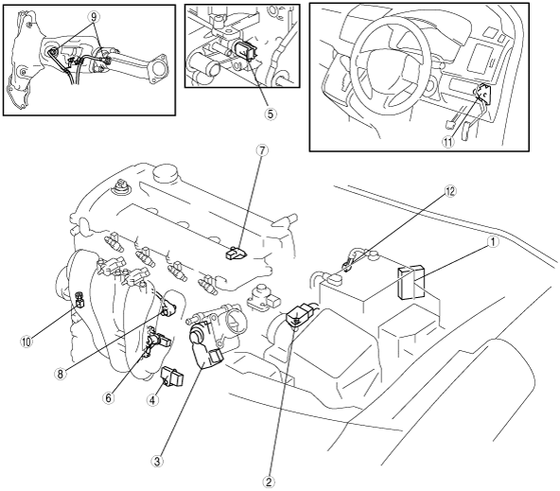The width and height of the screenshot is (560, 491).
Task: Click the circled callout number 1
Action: pyautogui.click(x=493, y=242)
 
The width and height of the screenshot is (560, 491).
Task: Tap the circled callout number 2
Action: pyautogui.click(x=269, y=482)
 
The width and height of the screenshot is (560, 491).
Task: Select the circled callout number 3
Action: pyautogui.click(x=157, y=461)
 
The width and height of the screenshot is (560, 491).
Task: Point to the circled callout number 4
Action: pyautogui.click(x=152, y=400)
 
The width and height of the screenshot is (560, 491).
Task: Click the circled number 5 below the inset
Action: pyautogui.click(x=270, y=114)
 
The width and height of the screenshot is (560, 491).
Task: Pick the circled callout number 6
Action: pyautogui.click(x=109, y=398)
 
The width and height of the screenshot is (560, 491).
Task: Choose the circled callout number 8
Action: pyautogui.click(x=60, y=375)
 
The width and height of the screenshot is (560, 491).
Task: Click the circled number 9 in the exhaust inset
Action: pyautogui.click(x=94, y=16)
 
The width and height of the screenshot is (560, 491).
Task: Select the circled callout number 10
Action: pyautogui.click(x=26, y=342)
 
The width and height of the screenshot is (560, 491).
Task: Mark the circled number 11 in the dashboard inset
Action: pyautogui.click(x=447, y=142)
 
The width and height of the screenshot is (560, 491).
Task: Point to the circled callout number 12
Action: pyautogui.click(x=450, y=192)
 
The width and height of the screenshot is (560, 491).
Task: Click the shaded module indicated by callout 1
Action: pyautogui.click(x=411, y=282)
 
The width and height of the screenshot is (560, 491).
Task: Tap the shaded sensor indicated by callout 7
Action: pyautogui.click(x=236, y=253)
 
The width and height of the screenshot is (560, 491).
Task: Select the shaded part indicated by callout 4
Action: pyautogui.click(x=172, y=376)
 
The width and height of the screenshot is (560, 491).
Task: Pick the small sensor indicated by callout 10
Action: pyautogui.click(x=79, y=300)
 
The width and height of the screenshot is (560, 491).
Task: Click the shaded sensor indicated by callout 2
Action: pyautogui.click(x=301, y=314)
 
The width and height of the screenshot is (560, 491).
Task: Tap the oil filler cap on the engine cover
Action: pyautogui.click(x=165, y=175)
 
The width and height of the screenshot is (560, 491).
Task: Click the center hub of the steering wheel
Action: pyautogui.click(x=386, y=62)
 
